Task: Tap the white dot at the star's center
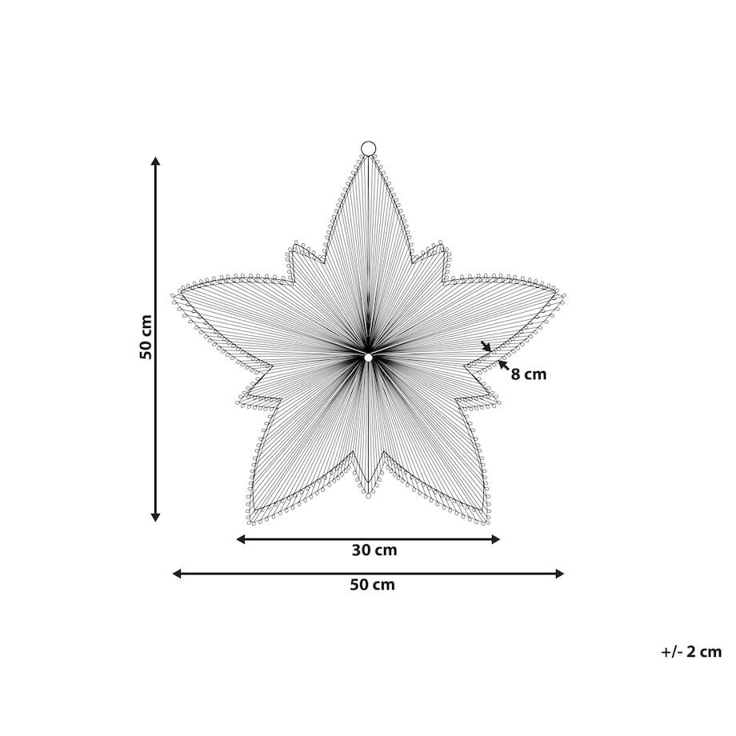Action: click(x=368, y=358)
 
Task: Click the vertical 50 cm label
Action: click(x=146, y=337)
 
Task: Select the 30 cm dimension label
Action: click(x=374, y=550)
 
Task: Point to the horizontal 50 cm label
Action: click(x=372, y=585)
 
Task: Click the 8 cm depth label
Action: click(x=529, y=374)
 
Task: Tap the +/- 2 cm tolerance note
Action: click(x=691, y=652)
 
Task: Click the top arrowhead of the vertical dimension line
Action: click(x=156, y=161)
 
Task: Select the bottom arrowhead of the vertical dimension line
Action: click(x=156, y=518)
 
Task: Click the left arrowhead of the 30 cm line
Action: click(x=240, y=539)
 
